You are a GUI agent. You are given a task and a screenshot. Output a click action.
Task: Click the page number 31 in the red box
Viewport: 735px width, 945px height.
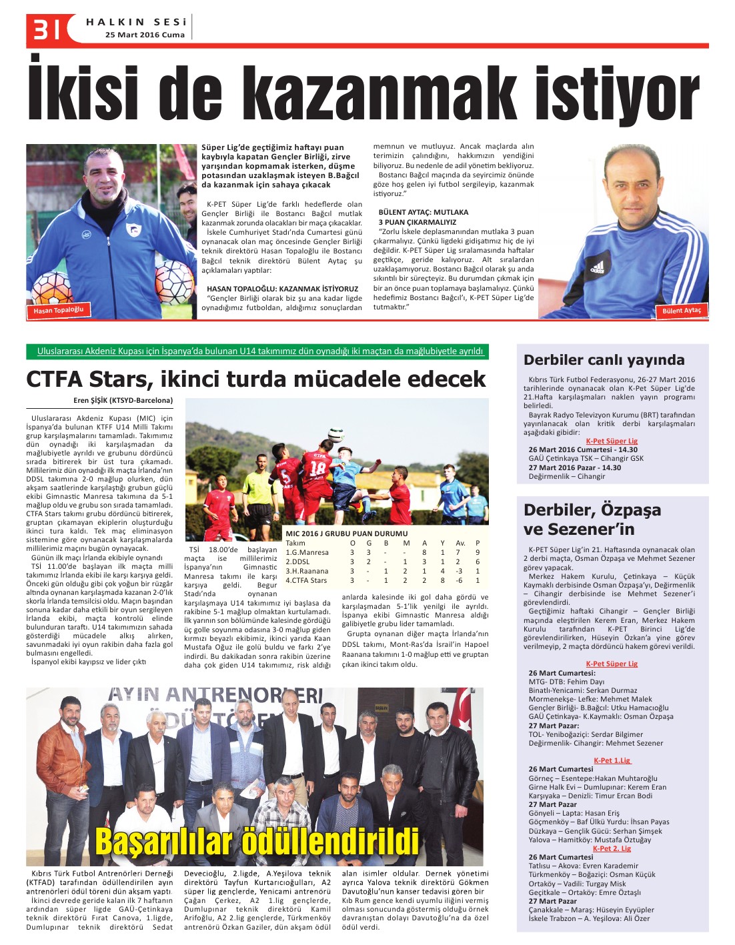pos(44,29)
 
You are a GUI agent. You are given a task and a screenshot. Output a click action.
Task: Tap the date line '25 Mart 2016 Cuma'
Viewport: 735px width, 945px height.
pos(145,35)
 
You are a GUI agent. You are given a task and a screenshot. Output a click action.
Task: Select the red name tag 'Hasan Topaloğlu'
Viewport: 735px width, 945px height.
pos(59,310)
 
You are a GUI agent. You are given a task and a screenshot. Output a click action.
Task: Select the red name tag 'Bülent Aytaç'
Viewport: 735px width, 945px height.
pos(682,310)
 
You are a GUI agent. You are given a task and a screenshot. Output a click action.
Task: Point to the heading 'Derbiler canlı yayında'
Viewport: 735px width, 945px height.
pos(604,360)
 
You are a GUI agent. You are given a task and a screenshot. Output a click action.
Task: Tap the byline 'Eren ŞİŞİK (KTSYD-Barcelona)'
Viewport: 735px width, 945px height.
pos(123,401)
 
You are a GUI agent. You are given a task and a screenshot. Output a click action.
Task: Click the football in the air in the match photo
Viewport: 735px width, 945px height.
pos(336,434)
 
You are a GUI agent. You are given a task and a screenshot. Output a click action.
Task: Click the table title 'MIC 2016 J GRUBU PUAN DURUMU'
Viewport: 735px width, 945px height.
pos(346,534)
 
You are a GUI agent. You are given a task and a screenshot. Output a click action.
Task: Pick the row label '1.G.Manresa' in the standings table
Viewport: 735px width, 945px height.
pos(307,552)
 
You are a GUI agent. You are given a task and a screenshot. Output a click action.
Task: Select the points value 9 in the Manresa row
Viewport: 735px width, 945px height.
pos(478,552)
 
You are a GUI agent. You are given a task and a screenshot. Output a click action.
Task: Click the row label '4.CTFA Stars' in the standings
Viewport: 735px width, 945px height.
pos(306,580)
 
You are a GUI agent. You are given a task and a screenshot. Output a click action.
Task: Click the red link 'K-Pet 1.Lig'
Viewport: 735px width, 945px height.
pos(612,760)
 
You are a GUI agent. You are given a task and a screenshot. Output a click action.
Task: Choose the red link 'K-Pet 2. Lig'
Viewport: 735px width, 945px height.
pos(612,848)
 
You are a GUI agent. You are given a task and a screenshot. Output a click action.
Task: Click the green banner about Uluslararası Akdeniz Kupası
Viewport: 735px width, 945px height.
pos(257,351)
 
